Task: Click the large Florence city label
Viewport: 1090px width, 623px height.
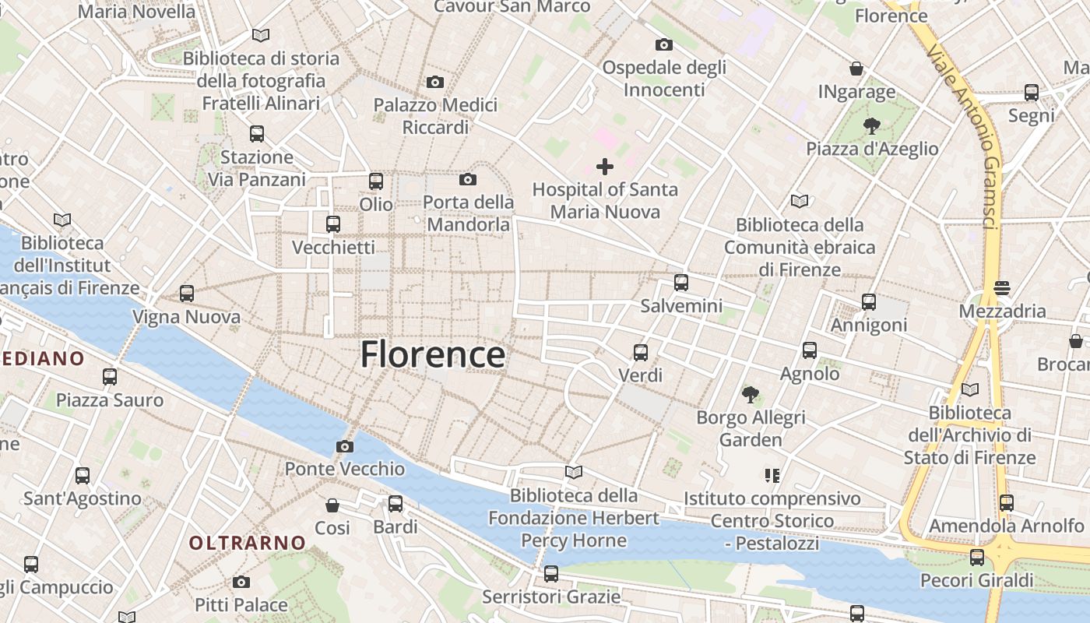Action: [x=433, y=354]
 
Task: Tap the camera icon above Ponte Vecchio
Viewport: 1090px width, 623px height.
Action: [x=344, y=446]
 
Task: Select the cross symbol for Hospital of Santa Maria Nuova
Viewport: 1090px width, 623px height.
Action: [x=604, y=166]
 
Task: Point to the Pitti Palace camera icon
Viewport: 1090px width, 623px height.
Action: [x=241, y=582]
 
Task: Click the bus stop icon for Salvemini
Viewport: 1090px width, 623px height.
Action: [x=681, y=283]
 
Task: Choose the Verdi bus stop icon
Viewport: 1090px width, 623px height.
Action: [x=640, y=353]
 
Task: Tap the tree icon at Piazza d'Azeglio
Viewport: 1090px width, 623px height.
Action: [x=872, y=125]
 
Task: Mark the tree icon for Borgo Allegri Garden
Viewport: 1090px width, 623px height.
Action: [x=751, y=395]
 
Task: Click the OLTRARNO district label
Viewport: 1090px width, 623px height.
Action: [x=248, y=543]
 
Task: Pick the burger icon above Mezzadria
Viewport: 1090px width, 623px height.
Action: [x=1002, y=288]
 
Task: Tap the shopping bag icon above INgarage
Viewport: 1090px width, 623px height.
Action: [x=856, y=69]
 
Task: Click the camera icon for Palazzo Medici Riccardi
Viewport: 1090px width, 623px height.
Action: [x=434, y=82]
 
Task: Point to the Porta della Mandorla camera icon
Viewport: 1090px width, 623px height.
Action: [x=467, y=179]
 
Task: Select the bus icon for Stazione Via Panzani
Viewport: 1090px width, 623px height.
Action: [x=256, y=134]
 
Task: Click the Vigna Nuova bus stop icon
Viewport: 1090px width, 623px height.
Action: [x=186, y=294]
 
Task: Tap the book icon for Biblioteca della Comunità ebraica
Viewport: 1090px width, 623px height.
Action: [x=800, y=201]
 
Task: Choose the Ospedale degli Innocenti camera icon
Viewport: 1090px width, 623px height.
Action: [x=663, y=44]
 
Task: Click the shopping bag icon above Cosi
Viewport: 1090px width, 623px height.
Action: [x=332, y=505]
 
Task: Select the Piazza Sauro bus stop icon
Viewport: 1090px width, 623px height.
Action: [x=109, y=377]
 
